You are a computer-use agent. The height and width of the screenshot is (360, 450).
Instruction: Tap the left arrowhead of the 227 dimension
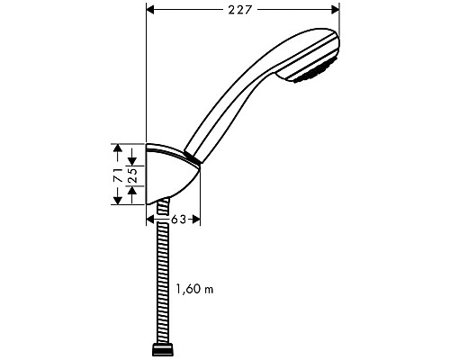(151, 10)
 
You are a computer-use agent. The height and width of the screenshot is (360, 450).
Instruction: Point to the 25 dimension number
(132, 174)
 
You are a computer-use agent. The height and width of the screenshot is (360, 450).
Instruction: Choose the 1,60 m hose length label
(194, 291)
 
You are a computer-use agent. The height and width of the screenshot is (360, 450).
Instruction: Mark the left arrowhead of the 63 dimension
(150, 218)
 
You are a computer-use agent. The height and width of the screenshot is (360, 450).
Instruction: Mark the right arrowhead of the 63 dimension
(195, 218)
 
